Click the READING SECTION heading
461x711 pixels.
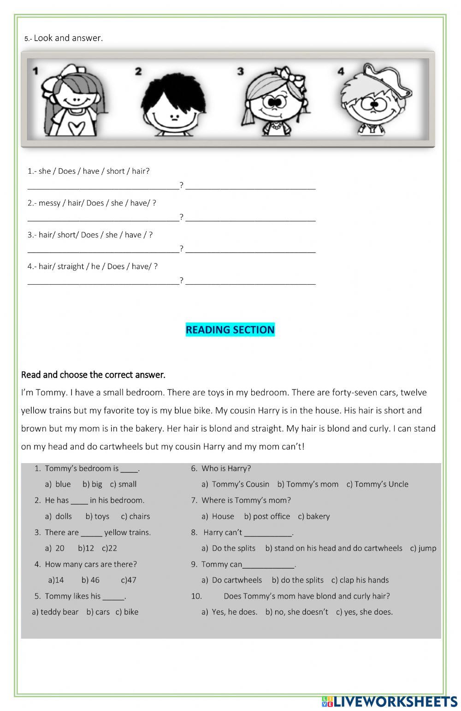[x=230, y=329]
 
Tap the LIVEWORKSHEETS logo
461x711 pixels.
[x=390, y=701]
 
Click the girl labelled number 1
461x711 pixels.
[x=74, y=101]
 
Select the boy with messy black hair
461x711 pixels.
[x=174, y=104]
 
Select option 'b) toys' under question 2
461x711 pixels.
[x=97, y=516]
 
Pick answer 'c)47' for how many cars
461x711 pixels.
[x=129, y=580]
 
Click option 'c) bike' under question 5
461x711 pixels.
[x=127, y=612]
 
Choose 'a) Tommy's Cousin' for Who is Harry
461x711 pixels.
[x=235, y=484]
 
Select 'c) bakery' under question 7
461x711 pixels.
[x=314, y=516]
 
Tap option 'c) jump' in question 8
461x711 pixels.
[x=423, y=548]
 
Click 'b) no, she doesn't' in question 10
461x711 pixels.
[x=296, y=612]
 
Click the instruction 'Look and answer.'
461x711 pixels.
[x=68, y=38]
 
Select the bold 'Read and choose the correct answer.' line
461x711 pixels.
[x=93, y=375]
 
